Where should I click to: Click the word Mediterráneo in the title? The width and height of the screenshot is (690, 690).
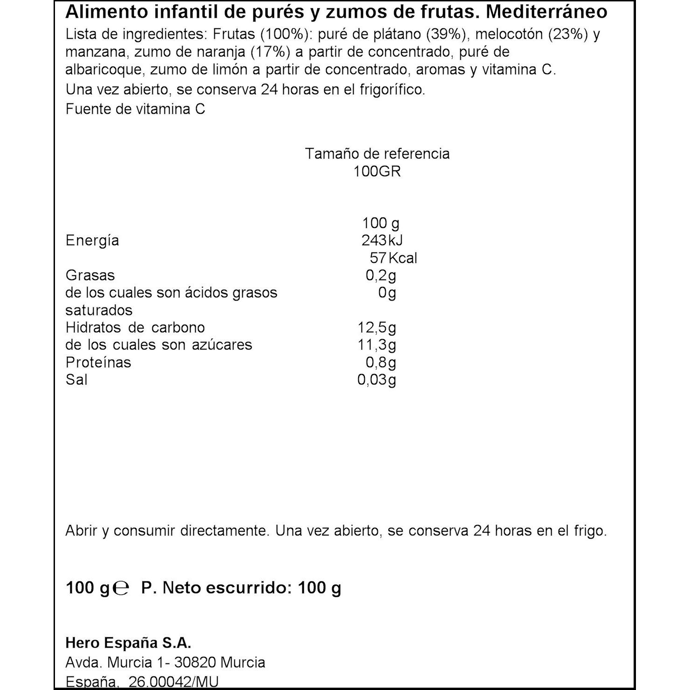tap(547, 12)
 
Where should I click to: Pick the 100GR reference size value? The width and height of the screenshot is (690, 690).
tap(377, 171)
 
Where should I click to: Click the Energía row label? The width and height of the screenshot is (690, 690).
tap(92, 240)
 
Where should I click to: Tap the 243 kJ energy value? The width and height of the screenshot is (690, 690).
tap(382, 240)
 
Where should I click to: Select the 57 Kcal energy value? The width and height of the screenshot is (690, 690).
tap(393, 258)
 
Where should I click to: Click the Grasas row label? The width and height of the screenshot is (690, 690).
tap(90, 275)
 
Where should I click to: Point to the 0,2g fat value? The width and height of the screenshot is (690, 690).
tap(381, 275)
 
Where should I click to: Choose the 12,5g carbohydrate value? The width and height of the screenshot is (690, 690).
tap(377, 328)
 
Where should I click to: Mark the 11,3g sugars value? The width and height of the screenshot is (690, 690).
tap(377, 345)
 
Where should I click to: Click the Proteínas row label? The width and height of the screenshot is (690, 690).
tap(98, 362)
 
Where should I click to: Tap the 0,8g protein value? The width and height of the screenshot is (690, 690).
tap(381, 362)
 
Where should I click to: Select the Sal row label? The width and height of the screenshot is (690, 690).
tap(76, 380)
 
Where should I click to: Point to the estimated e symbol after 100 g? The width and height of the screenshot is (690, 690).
tap(121, 588)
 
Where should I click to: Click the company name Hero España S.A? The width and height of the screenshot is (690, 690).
tap(129, 643)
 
